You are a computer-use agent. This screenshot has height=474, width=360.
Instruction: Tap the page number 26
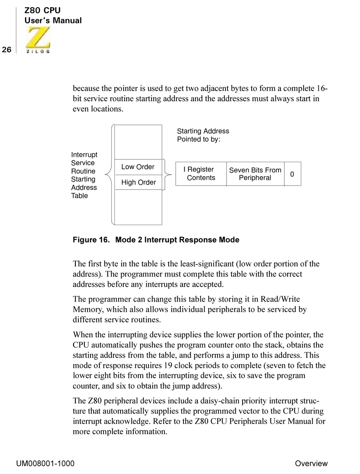pyautogui.click(x=6, y=50)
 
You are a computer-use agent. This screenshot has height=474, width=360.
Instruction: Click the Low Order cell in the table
pyautogui.click(x=138, y=167)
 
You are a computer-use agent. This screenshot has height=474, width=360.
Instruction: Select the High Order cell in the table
pyautogui.click(x=138, y=183)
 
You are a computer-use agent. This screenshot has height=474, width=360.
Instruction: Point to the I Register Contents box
pyautogui.click(x=201, y=174)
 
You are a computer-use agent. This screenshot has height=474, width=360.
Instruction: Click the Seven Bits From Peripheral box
pyautogui.click(x=255, y=174)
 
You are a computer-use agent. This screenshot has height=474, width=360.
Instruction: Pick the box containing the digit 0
pyautogui.click(x=292, y=174)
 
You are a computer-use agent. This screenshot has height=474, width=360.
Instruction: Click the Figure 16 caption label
pyautogui.click(x=156, y=240)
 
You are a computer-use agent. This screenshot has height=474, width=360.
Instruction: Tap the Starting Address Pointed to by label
pyautogui.click(x=203, y=135)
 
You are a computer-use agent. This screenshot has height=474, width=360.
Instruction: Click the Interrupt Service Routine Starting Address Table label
pyautogui.click(x=84, y=175)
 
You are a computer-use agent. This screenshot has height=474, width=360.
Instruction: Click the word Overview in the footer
pyautogui.click(x=311, y=463)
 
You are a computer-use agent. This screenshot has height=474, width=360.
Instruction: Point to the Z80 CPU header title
pyautogui.click(x=42, y=11)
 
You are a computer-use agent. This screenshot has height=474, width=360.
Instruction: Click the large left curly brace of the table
pyautogui.click(x=109, y=175)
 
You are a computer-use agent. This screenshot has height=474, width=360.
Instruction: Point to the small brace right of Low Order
pyautogui.click(x=167, y=175)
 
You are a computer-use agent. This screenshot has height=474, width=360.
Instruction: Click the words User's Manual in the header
pyautogui.click(x=53, y=21)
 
